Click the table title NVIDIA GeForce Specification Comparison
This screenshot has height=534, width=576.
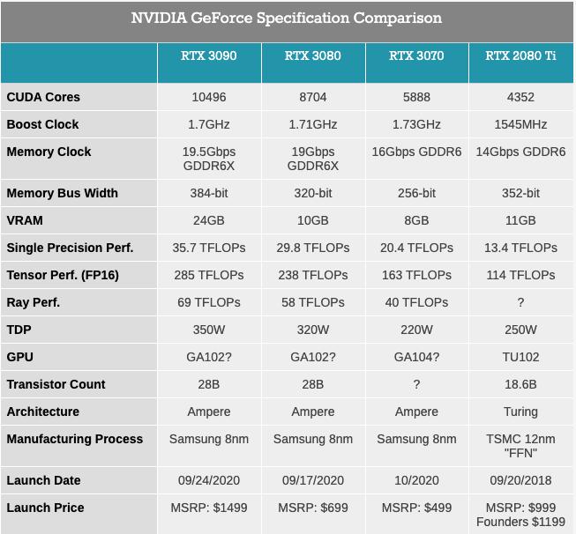click(287, 19)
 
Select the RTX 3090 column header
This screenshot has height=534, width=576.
click(209, 56)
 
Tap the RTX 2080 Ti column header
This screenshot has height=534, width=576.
click(520, 56)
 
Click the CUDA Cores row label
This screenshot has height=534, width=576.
click(43, 97)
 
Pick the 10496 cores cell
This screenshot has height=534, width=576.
click(209, 97)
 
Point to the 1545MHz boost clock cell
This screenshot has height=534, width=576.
click(520, 124)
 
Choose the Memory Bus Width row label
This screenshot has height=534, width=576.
click(62, 193)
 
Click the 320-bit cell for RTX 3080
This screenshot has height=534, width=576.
click(313, 193)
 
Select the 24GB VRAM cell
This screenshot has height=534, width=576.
click(209, 220)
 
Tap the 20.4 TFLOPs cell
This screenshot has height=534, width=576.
click(416, 248)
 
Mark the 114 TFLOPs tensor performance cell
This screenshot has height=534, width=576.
click(520, 275)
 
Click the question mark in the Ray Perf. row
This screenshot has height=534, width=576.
click(520, 302)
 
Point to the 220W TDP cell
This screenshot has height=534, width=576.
click(416, 330)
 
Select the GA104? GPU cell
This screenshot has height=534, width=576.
click(416, 357)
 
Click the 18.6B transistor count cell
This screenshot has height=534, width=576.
click(520, 384)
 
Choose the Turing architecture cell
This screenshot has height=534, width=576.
click(520, 412)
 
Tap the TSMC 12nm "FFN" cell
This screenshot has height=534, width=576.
click(520, 446)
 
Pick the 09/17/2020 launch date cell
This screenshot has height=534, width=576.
click(313, 480)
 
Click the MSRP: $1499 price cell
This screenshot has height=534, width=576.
click(209, 508)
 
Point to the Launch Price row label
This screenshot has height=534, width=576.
click(45, 508)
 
